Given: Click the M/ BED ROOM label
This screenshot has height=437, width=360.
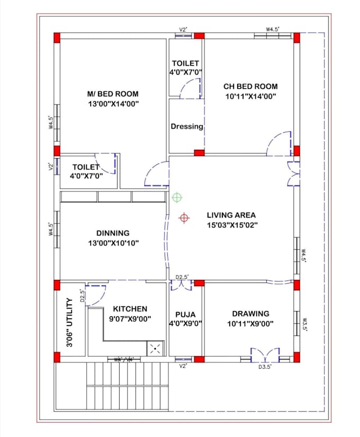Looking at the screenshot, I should click(113, 94).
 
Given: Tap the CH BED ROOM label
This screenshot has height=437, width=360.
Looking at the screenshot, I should click(250, 86).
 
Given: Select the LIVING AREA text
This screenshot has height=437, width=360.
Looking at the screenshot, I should click(231, 215).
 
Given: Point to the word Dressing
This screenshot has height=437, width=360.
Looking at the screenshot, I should click(186, 126).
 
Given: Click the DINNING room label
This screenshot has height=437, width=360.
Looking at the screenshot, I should click(113, 233).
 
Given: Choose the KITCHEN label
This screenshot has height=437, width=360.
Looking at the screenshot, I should click(130, 309).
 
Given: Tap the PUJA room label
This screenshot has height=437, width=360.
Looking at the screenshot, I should click(186, 314).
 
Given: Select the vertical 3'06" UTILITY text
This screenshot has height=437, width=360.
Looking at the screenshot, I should click(69, 323).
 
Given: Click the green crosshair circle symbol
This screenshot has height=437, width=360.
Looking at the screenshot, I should click(177, 198).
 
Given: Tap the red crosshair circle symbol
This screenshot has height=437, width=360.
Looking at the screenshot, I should click(184, 217).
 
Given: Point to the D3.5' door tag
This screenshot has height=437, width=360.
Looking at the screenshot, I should click(265, 366).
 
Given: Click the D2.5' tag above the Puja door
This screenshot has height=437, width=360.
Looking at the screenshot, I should click(183, 277).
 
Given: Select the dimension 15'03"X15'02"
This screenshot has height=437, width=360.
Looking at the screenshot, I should click(231, 225).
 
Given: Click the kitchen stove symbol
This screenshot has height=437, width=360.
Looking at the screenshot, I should click(156, 348).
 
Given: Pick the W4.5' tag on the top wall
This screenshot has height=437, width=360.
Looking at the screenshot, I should click(273, 30).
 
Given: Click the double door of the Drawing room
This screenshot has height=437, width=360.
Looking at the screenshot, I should click(265, 354).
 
